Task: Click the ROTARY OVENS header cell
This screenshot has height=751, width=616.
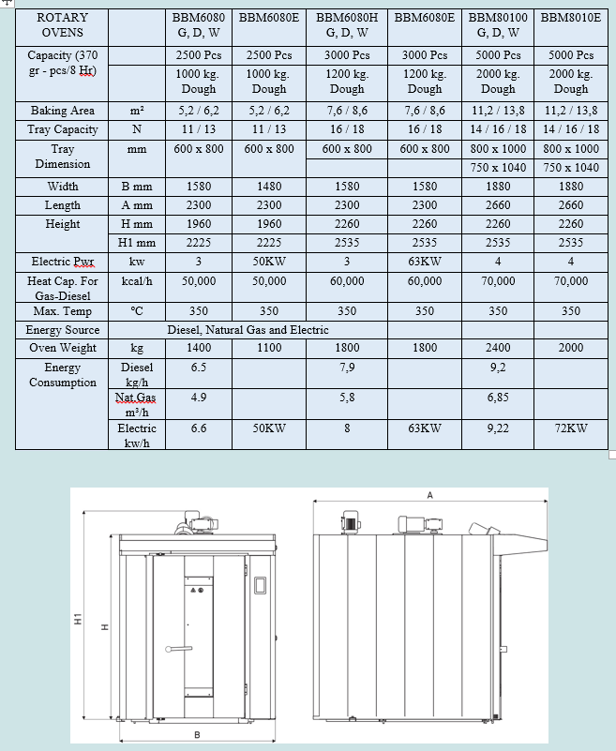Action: click(62, 24)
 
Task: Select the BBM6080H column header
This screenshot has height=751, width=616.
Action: click(347, 24)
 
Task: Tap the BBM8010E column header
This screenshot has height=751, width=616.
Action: click(571, 17)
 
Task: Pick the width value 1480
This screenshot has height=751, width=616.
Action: click(268, 186)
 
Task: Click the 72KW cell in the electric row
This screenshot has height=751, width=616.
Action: click(571, 428)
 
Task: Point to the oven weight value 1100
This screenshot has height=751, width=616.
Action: click(268, 348)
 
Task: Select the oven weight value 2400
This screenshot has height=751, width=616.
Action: click(498, 348)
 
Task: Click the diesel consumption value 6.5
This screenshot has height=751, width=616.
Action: click(199, 368)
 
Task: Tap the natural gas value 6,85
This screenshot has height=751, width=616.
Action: click(498, 398)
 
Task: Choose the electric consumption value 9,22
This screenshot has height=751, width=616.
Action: click(498, 428)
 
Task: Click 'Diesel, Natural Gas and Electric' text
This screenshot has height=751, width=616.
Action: click(248, 330)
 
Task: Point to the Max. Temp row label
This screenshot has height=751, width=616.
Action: click(62, 310)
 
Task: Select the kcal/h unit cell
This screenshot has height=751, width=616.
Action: click(137, 280)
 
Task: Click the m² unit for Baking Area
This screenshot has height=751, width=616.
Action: click(137, 111)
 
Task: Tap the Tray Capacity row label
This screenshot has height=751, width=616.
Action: click(62, 129)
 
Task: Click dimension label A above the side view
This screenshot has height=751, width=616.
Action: click(429, 496)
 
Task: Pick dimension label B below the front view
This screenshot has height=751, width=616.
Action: click(196, 734)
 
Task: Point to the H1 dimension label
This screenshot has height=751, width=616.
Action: click(79, 620)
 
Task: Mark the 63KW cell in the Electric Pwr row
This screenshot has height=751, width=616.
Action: click(425, 262)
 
